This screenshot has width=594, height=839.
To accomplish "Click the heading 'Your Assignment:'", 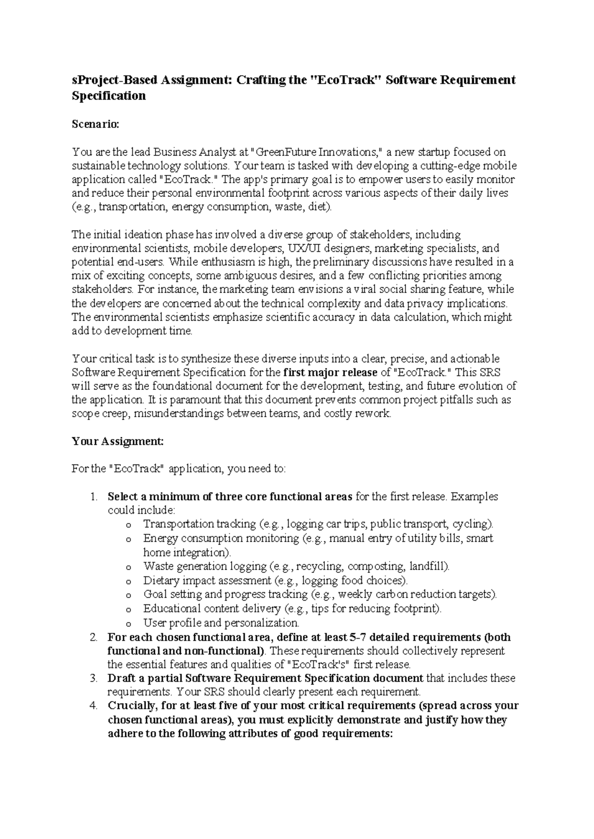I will coord(117,441).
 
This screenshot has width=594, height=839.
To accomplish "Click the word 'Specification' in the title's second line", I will coord(109,96).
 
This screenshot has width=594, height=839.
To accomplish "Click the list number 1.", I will coord(94,497).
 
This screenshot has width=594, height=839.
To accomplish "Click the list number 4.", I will coord(94,706).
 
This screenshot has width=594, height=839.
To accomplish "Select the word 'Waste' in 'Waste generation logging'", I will coord(156,566).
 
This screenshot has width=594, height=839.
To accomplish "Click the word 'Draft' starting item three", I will coord(122,678).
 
